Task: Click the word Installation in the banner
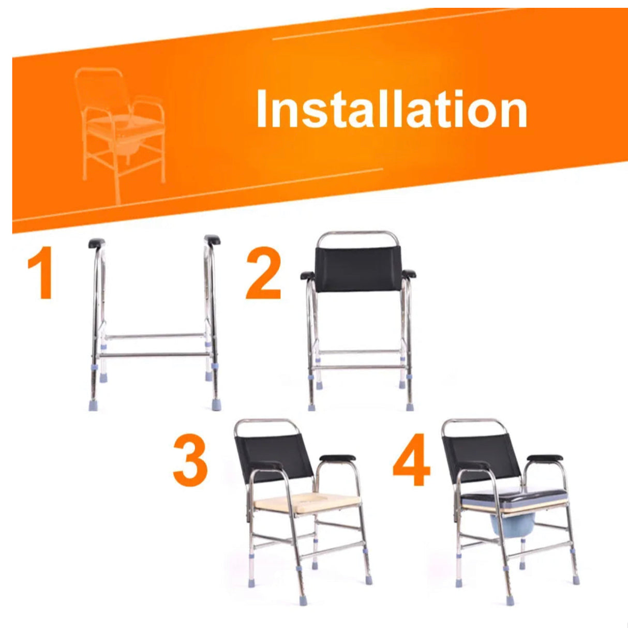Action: pyautogui.click(x=391, y=110)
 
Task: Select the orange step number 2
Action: pyautogui.click(x=264, y=274)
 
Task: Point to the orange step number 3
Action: pyautogui.click(x=190, y=460)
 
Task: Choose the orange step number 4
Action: pyautogui.click(x=412, y=460)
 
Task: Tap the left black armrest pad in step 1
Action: pyautogui.click(x=97, y=243)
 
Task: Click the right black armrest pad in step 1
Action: pyautogui.click(x=212, y=240)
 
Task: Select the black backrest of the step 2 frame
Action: pyautogui.click(x=357, y=269)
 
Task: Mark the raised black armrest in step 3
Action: pyautogui.click(x=337, y=458)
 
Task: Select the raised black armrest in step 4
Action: pyautogui.click(x=544, y=458)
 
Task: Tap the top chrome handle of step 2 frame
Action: pyautogui.click(x=357, y=233)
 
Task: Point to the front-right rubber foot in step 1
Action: pyautogui.click(x=216, y=404)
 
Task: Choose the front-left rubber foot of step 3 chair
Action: pyautogui.click(x=303, y=599)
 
